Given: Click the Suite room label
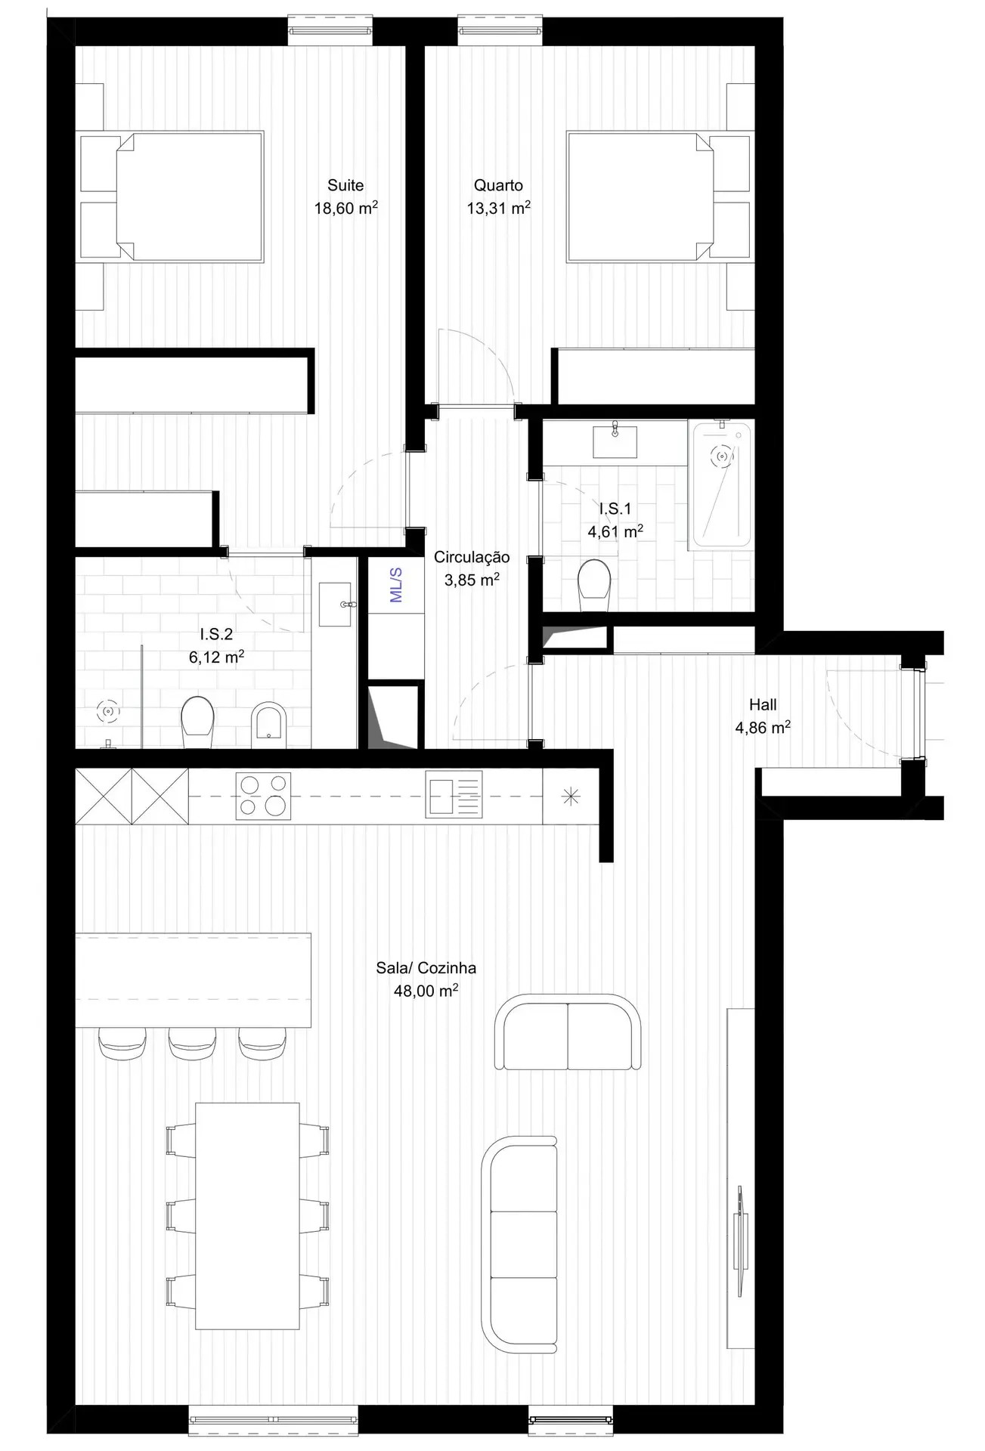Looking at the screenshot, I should (x=345, y=185).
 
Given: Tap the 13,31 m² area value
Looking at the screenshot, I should (x=498, y=209).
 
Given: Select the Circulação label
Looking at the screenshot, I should (x=472, y=557).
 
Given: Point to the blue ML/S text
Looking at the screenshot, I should (x=396, y=585).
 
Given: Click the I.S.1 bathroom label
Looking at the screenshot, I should (x=615, y=509).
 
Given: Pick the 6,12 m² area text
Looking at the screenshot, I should (x=216, y=657).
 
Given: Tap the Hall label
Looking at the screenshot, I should (x=763, y=704).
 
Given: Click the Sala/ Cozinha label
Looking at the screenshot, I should (x=426, y=968).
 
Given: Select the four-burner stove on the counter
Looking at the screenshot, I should (x=264, y=796).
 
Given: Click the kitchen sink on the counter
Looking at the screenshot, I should (x=454, y=794).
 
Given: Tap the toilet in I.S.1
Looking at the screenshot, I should (x=594, y=583).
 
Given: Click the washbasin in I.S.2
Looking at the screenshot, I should (x=335, y=604).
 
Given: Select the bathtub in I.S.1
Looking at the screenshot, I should (x=720, y=484).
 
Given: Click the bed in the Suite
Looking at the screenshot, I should (x=189, y=196).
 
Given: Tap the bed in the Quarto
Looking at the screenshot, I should (x=640, y=196).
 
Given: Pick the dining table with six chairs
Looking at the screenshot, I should (x=247, y=1216).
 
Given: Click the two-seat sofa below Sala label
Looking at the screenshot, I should (x=567, y=1032).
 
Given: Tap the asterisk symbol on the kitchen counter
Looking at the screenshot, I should (x=571, y=796).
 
